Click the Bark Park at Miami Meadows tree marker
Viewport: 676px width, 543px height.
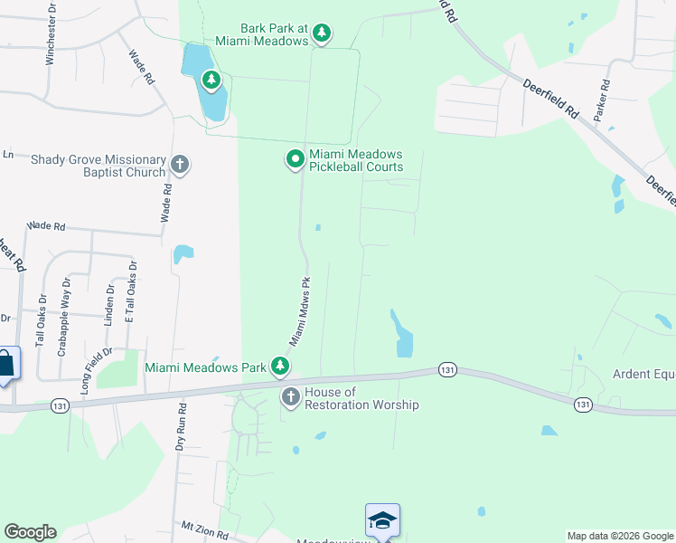click(321, 34)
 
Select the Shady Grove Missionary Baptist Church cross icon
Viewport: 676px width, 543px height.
click(179, 165)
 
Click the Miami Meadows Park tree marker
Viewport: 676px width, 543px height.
click(281, 366)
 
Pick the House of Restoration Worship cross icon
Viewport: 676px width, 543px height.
click(290, 397)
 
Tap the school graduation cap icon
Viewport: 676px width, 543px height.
click(382, 520)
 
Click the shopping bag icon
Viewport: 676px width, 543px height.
click(6, 364)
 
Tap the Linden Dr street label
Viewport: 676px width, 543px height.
click(110, 302)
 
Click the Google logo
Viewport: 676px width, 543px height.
click(30, 532)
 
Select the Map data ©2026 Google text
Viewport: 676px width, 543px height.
click(619, 536)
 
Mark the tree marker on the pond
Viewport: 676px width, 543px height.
click(211, 81)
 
